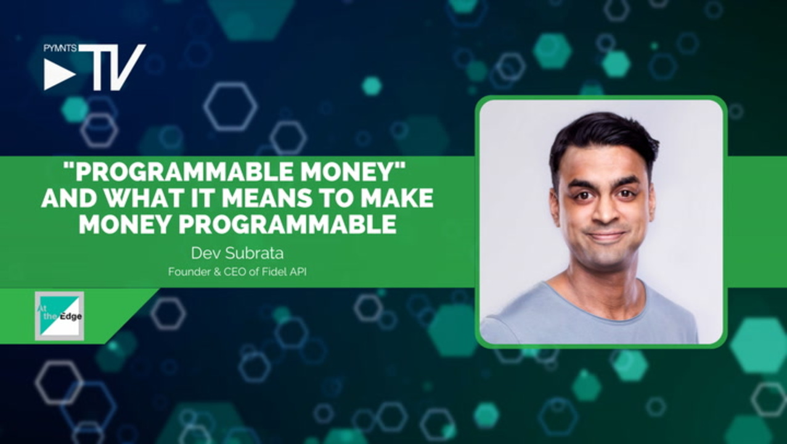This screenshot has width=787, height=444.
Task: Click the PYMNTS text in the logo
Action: [x=60, y=48]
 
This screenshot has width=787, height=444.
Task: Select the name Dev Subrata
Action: [x=237, y=253]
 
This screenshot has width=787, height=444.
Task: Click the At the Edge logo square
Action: [x=59, y=316]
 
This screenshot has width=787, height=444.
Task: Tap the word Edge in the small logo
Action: [x=71, y=316]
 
